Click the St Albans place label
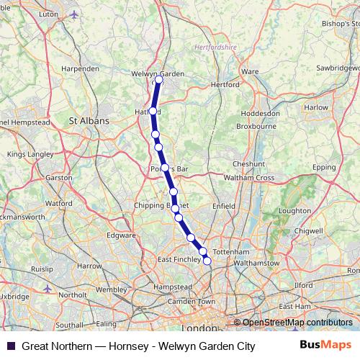tap(89, 121)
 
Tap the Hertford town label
tap(225, 84)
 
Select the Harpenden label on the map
tap(81, 68)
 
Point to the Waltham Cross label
tap(250, 178)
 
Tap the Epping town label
tap(325, 167)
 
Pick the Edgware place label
tap(120, 235)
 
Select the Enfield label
tap(224, 206)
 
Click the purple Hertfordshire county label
tap(215, 48)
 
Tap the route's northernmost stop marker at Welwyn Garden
tap(159, 81)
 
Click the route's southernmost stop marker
tap(207, 261)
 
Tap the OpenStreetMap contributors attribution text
tap(297, 323)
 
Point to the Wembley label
tap(110, 289)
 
